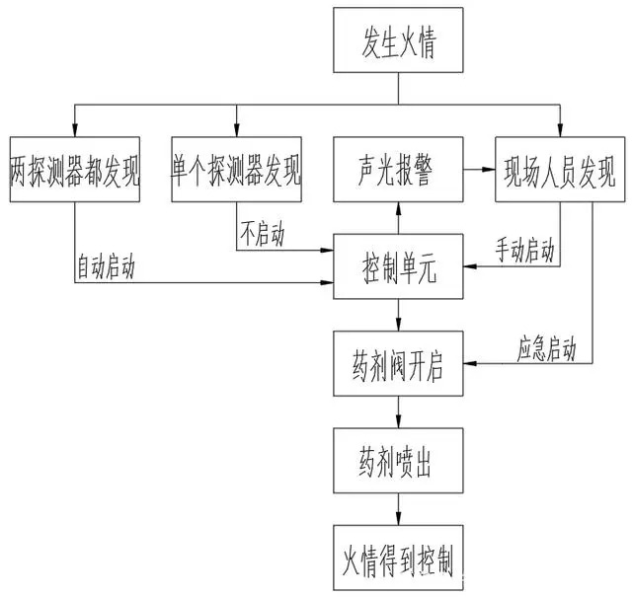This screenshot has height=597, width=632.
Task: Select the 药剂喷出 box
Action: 398,460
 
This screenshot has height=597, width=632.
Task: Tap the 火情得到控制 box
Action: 398,558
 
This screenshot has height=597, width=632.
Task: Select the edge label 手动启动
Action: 524,251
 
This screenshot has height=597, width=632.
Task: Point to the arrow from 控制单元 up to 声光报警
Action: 398,217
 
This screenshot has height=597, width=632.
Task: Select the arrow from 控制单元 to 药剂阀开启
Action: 398,315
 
